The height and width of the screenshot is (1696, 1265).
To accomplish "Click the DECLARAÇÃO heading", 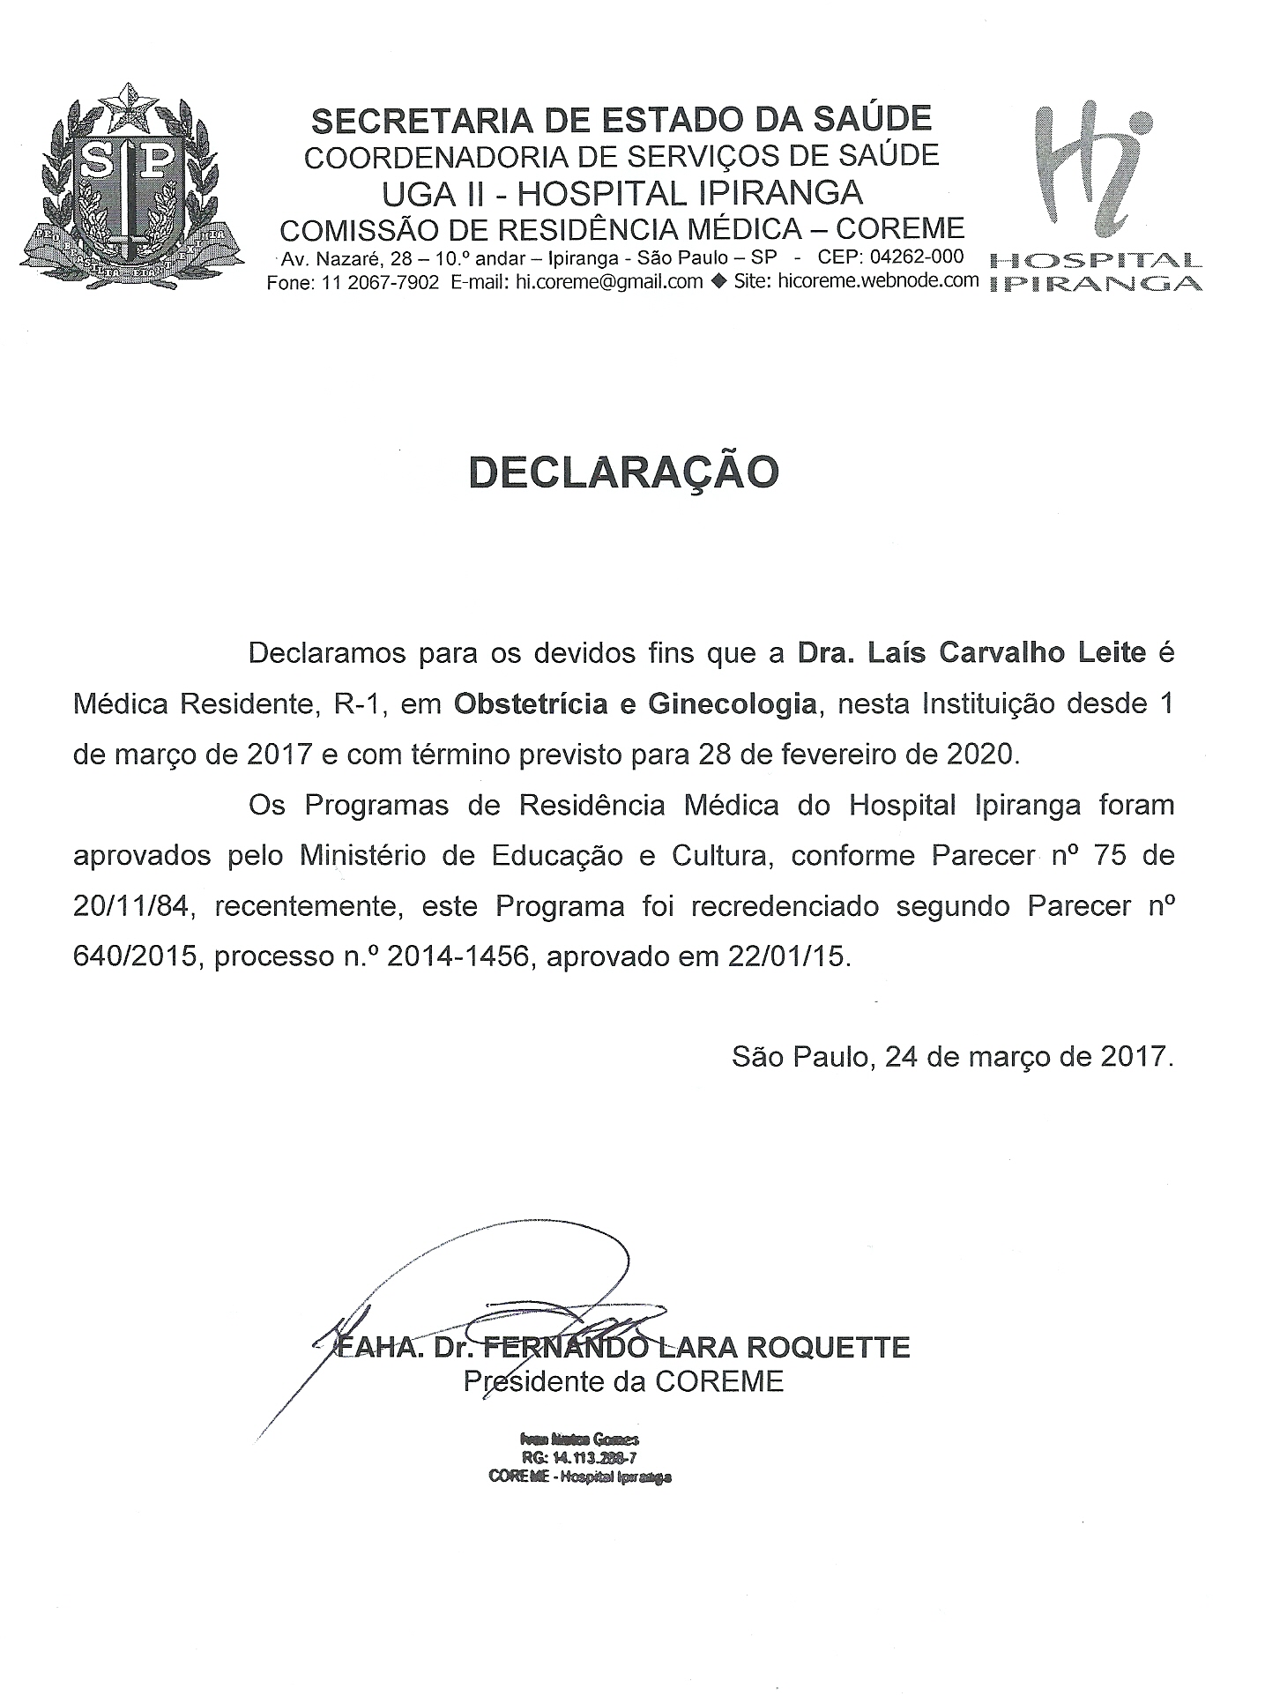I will [x=623, y=472].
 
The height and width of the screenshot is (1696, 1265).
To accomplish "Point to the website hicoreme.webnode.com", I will [x=879, y=280].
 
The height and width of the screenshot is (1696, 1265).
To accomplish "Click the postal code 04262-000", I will [x=917, y=257].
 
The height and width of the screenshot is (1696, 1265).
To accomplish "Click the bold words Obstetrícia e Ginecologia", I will [x=635, y=704].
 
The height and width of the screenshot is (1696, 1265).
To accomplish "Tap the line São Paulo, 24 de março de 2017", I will [x=952, y=1056].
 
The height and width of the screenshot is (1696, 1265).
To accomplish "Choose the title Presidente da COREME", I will [x=623, y=1381].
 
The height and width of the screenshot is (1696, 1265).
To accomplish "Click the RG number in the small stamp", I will [x=579, y=1458].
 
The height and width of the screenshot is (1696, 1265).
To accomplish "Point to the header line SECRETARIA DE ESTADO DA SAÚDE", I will [x=621, y=118].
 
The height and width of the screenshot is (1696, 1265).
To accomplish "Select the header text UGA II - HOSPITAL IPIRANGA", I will [x=621, y=193].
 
